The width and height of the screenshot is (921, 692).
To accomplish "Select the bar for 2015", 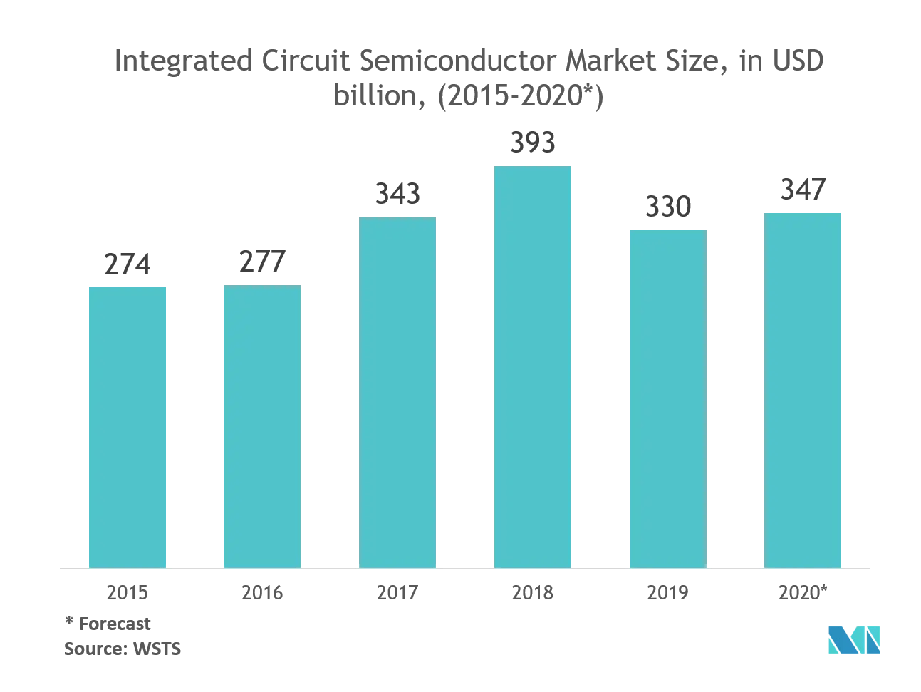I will click(x=128, y=428).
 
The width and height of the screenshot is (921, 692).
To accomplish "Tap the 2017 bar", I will click(x=397, y=393).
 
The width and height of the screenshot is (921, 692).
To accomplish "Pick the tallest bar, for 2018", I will click(x=533, y=367).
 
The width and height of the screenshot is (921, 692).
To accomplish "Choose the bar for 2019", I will click(x=668, y=399).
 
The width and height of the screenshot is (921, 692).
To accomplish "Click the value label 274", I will click(x=128, y=264).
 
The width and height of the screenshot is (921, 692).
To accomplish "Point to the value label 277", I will click(x=262, y=262).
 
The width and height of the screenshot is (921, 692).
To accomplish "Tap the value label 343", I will click(x=397, y=194).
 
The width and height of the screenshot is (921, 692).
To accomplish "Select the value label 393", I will click(x=533, y=143).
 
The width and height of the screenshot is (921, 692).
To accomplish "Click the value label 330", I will click(x=668, y=207).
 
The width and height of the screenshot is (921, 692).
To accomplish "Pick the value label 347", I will click(x=803, y=190).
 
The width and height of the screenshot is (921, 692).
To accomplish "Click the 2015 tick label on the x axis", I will click(x=128, y=592).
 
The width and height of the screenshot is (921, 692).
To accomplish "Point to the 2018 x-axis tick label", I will click(x=533, y=592).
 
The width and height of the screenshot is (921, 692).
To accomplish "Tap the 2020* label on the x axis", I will click(x=803, y=592).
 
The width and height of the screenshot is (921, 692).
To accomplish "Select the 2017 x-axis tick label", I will click(x=397, y=592).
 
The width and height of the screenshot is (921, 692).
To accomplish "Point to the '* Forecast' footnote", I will click(x=108, y=624).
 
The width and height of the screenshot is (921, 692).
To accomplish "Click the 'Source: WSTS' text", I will click(x=123, y=649).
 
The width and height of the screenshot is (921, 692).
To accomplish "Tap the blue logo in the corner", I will click(x=854, y=639).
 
